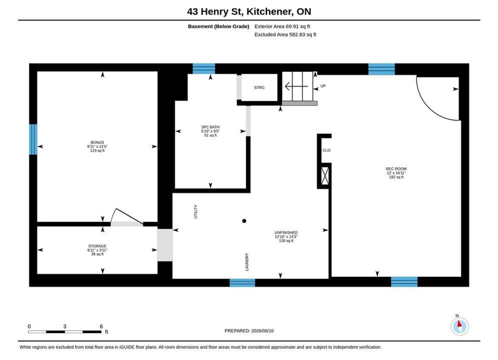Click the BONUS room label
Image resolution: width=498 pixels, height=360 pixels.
97,142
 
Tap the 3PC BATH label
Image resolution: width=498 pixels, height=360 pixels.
210,127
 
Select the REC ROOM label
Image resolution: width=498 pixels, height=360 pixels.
396,168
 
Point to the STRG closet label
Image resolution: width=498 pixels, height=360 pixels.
259,87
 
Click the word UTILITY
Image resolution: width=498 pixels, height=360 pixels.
196,211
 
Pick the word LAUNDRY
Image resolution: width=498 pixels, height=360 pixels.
247,262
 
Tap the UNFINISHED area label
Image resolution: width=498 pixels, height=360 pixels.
286,232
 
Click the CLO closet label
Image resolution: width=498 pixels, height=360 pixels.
326,150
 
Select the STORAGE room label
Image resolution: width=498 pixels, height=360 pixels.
97,246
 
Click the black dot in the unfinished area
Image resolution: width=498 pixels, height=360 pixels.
244,221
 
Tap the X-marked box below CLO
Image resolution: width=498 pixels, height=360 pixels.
325,175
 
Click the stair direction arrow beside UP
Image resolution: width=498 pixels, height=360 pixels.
296,86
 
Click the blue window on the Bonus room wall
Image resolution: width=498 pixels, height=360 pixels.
33,139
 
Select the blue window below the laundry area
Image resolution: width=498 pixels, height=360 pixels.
242,282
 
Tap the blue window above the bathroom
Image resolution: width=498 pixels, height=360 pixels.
204,68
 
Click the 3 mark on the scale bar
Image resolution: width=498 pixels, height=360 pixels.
65,326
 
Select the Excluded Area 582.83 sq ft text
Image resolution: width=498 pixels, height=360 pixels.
285,34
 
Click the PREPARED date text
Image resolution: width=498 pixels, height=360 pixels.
249,331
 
